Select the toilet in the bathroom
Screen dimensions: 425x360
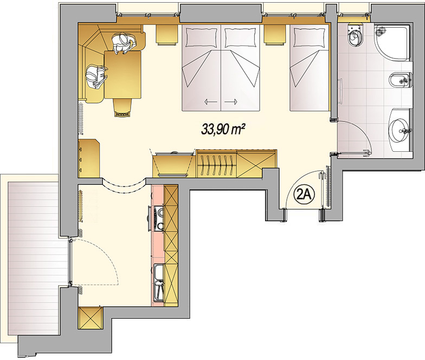[x=355, y=35]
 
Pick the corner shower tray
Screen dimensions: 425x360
[x=391, y=43]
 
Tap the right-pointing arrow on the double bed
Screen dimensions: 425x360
[x=231, y=102]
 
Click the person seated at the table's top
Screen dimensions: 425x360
[x=124, y=43]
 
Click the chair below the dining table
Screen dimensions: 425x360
[x=123, y=107]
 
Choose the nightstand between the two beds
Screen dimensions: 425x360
[x=275, y=35]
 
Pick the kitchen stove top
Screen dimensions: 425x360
[x=158, y=218]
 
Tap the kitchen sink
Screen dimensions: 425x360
[x=158, y=282]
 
